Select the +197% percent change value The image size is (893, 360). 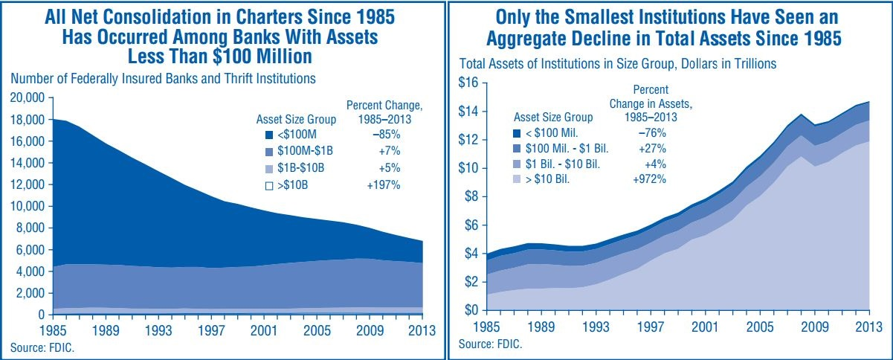tap(384, 185)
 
